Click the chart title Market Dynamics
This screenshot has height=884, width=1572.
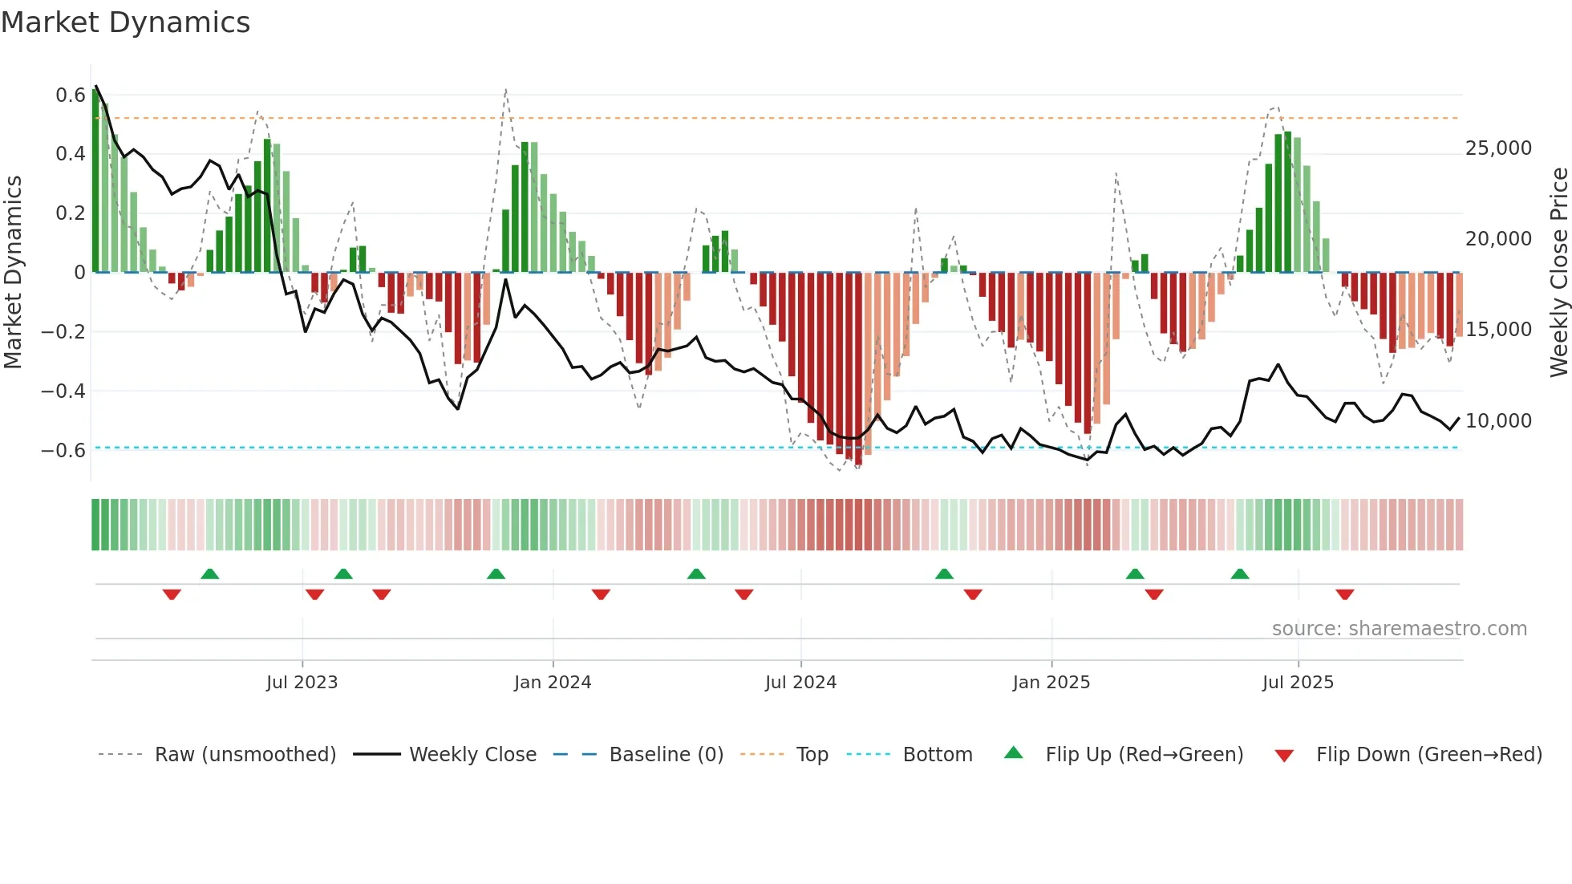tap(125, 22)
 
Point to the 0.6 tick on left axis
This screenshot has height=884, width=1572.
tap(71, 95)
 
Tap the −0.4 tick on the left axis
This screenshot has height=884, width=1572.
tap(63, 391)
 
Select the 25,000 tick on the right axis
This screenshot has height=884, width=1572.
tap(1498, 148)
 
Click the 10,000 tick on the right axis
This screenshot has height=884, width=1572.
tap(1498, 421)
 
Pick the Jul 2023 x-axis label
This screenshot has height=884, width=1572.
tap(302, 683)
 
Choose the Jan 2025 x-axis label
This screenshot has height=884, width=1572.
tap(1051, 683)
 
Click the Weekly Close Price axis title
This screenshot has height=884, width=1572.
tap(1558, 273)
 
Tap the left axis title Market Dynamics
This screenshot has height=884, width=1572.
tap(13, 273)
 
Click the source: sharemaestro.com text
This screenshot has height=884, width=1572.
tap(1399, 629)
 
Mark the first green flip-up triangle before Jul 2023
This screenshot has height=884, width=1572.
tap(210, 574)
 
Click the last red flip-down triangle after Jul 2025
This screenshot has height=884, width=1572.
tap(1345, 594)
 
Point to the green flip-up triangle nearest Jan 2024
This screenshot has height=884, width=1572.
tap(496, 574)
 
